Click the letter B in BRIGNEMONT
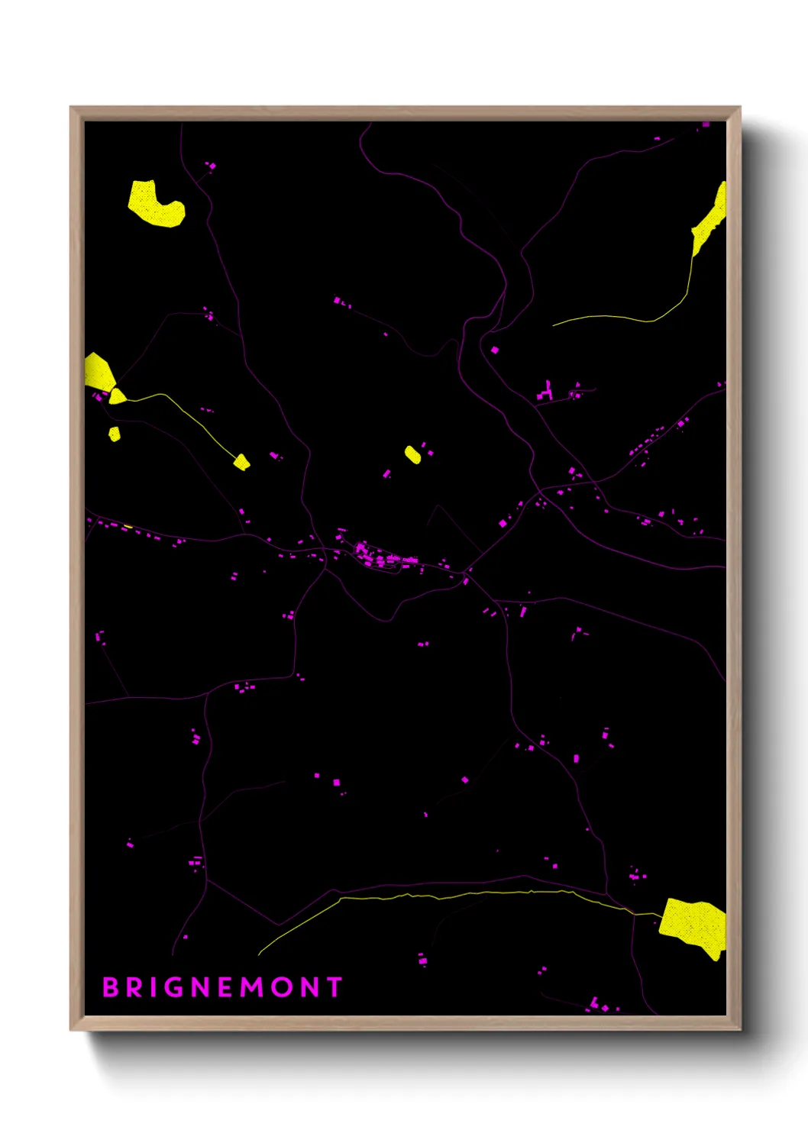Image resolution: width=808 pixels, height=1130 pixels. pyautogui.click(x=110, y=987)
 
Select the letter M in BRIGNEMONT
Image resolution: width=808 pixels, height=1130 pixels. pyautogui.click(x=253, y=987)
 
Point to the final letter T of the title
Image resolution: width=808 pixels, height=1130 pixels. pyautogui.click(x=335, y=987)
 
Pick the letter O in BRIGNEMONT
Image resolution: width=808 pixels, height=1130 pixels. pyautogui.click(x=281, y=987)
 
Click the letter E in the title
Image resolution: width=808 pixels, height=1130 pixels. pyautogui.click(x=225, y=987)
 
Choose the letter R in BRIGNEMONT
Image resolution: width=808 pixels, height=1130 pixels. pyautogui.click(x=134, y=987)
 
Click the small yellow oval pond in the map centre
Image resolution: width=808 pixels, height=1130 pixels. pyautogui.click(x=412, y=455)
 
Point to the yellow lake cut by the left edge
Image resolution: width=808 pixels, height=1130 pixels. pyautogui.click(x=97, y=372)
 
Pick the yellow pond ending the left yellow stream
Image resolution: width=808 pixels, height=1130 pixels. pyautogui.click(x=241, y=462)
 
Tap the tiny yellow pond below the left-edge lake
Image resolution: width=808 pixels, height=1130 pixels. pyautogui.click(x=115, y=434)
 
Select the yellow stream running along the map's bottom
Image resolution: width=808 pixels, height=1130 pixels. pyautogui.click(x=458, y=894)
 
